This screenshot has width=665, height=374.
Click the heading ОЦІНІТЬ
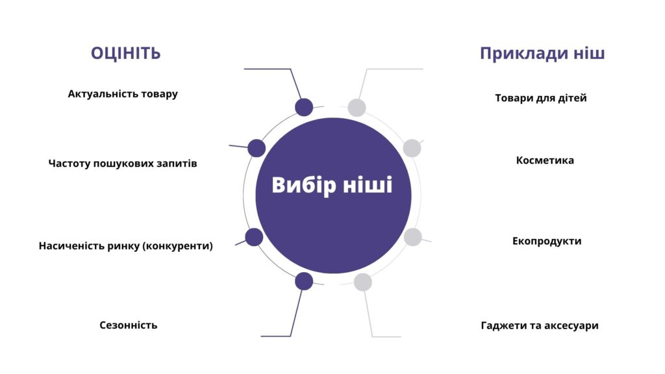125,53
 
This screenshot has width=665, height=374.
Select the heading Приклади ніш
542,54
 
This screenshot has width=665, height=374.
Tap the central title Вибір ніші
332,185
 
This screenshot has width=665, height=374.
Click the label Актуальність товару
123,93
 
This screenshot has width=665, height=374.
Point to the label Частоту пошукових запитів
123,163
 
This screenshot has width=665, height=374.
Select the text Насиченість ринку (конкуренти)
125,246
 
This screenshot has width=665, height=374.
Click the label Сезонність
128,325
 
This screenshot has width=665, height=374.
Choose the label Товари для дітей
541,98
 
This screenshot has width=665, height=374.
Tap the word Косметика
545,160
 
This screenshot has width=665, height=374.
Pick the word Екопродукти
547,242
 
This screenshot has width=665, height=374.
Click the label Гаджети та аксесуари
540,326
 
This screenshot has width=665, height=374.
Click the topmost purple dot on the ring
304,107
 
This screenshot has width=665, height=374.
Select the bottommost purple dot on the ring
304,281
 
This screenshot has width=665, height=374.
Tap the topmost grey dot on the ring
357,108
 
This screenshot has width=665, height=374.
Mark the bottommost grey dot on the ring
362,282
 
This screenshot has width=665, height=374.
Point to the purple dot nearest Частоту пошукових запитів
257,148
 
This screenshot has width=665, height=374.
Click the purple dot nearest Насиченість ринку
254,237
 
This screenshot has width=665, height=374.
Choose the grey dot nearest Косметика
412,148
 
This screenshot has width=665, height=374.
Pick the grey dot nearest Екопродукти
412,237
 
